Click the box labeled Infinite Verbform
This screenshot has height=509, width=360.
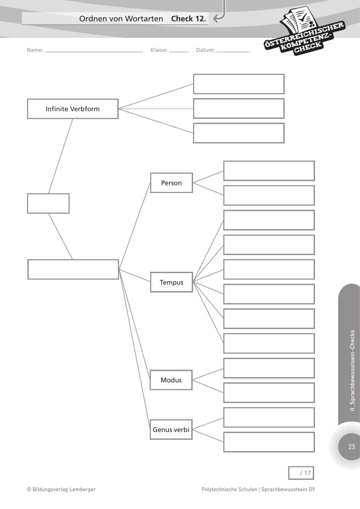[x=72, y=109]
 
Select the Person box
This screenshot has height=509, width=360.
[x=171, y=183]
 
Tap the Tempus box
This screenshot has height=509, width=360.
[x=171, y=283]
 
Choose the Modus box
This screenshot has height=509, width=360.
[x=171, y=380]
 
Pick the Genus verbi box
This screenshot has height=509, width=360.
[x=171, y=430]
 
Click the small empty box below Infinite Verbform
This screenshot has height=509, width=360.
[x=48, y=203]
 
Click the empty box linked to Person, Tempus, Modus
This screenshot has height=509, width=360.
[x=73, y=269]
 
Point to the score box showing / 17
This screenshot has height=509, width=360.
[x=301, y=473]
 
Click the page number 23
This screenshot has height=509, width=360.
[x=351, y=447]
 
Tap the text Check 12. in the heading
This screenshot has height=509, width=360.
[x=189, y=19]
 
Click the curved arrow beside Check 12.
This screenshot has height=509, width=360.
[x=219, y=16]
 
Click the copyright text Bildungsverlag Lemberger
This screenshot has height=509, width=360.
[x=61, y=489]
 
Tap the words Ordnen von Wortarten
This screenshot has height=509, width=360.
[x=121, y=19]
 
